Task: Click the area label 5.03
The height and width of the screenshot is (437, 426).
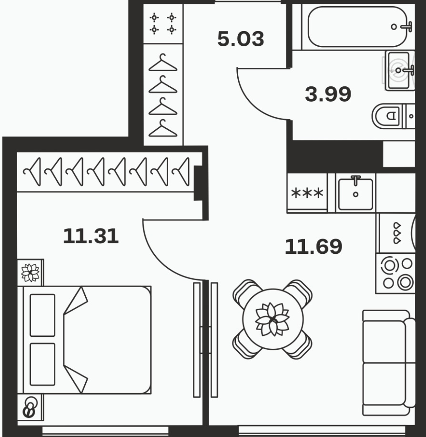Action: click(x=241, y=39)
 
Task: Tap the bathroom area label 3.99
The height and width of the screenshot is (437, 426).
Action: click(x=328, y=94)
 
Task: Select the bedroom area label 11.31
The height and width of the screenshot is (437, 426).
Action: click(x=91, y=236)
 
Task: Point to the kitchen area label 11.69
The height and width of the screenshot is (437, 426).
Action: click(x=314, y=246)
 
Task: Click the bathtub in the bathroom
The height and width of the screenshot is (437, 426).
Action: click(x=358, y=26)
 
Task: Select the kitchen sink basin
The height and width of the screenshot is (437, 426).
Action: click(x=355, y=194)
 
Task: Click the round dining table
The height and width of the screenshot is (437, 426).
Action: click(x=273, y=319)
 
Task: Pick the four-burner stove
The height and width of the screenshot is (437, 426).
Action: click(x=396, y=273)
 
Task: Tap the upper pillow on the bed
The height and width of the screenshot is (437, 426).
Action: click(x=42, y=315)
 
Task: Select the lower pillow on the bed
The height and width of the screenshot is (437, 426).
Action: click(x=42, y=364)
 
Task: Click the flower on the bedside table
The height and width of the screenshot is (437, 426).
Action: click(x=30, y=272)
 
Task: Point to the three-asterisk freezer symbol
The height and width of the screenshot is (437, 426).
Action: click(x=307, y=193)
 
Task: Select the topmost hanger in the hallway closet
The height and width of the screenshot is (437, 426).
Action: click(x=163, y=62)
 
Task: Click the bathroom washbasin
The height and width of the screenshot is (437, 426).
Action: click(x=399, y=71)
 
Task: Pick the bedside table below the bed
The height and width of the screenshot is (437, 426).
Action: click(x=30, y=407)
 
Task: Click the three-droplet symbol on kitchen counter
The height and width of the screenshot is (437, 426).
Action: click(x=397, y=233)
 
